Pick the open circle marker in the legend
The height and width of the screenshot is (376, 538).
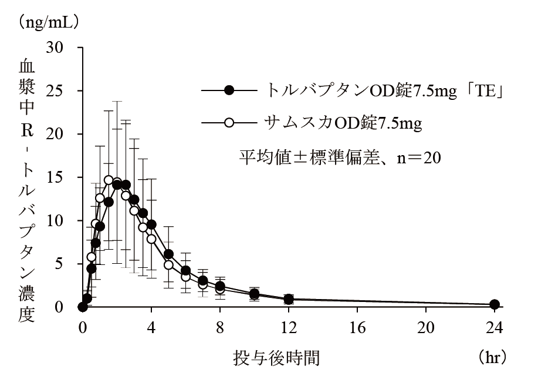tap(229, 123)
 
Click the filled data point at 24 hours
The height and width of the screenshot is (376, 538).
tap(495, 304)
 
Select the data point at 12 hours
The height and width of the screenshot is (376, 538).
tap(289, 299)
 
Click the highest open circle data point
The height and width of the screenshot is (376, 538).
tap(109, 180)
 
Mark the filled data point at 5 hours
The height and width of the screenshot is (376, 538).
tap(168, 254)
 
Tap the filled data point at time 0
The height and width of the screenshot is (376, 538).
tap(83, 307)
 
